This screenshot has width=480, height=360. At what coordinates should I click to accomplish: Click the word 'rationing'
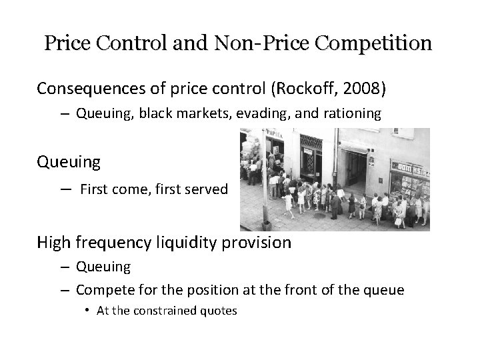tap(355, 114)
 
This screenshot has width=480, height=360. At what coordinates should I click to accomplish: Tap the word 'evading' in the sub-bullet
tap(269, 114)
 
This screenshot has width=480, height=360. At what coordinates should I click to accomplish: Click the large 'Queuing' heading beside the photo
tap(69, 162)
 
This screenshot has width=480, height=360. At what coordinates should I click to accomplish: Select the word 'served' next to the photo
tap(206, 189)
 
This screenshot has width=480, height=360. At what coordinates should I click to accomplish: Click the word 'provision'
tap(256, 242)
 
